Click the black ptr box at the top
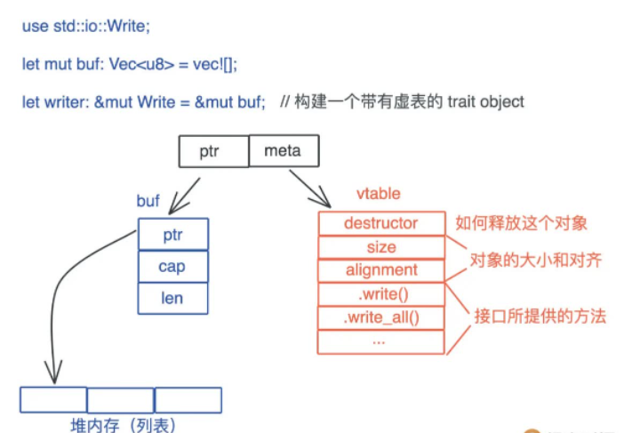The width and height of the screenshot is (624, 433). [x=213, y=151]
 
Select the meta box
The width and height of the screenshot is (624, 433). [x=283, y=151]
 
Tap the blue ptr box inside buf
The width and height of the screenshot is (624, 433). [x=172, y=236]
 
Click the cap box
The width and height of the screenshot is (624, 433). [x=172, y=267]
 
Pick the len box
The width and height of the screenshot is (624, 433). [x=172, y=298]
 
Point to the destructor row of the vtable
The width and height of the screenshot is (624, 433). [x=380, y=223]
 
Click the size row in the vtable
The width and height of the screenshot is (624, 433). [x=380, y=246]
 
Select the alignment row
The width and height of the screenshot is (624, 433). [x=380, y=269]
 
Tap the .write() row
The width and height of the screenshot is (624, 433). [x=380, y=293]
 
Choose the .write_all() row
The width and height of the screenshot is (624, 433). [x=380, y=317]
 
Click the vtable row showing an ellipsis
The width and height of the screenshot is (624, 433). [x=380, y=340]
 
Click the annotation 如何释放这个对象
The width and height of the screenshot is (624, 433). [x=522, y=222]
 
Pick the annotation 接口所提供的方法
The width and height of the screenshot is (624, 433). [x=540, y=316]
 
